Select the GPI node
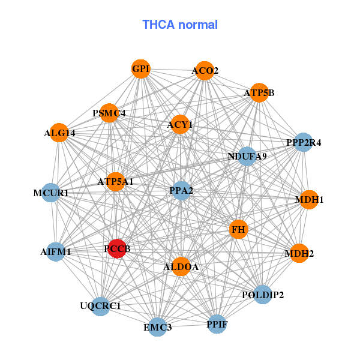click(x=140, y=69)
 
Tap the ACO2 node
click(x=205, y=71)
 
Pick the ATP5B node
click(x=259, y=93)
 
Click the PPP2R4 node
click(x=304, y=142)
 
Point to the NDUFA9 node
click(x=247, y=157)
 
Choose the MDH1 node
click(x=308, y=199)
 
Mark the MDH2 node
click(x=299, y=253)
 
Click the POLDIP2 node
click(x=263, y=295)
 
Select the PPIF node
click(x=217, y=325)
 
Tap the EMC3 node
click(x=158, y=327)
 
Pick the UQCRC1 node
click(x=100, y=306)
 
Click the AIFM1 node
click(x=56, y=252)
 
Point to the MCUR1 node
click(x=51, y=193)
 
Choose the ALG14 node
click(x=59, y=133)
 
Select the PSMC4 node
click(x=109, y=113)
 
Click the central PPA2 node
click(x=181, y=191)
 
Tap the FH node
click(x=239, y=229)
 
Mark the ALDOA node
click(x=181, y=266)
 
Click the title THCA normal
click(x=179, y=25)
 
